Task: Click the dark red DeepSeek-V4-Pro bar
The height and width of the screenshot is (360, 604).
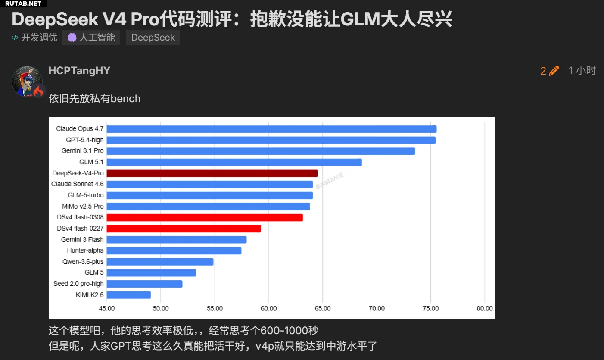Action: coord(212,173)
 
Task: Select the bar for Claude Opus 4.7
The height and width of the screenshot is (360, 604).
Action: coord(271,129)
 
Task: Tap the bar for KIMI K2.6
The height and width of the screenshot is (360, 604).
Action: coord(129,295)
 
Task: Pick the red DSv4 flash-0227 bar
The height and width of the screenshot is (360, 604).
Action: coord(184,229)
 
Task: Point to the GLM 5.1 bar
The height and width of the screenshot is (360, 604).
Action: coord(234,162)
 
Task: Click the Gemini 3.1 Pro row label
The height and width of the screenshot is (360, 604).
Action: coord(82,151)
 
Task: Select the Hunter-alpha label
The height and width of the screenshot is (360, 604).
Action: coord(85,250)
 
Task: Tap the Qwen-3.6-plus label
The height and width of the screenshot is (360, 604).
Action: coord(83,262)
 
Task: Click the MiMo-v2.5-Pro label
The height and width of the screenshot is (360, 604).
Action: coord(83,207)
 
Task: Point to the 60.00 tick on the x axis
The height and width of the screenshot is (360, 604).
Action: coord(268,308)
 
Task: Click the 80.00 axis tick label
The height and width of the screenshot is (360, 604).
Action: coord(485,308)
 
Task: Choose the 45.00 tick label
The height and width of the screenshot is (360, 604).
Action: coord(107,308)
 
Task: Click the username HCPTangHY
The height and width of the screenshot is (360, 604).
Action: coord(79,71)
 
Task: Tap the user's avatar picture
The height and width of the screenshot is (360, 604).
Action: coord(27,81)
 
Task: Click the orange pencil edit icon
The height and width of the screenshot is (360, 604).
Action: coord(554,71)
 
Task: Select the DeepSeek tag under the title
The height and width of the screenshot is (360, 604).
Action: coord(153,38)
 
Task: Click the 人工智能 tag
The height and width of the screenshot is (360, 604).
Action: coord(91,38)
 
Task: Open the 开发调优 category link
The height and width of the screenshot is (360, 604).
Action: coord(34,38)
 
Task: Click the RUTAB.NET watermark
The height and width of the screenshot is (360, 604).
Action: coord(23,3)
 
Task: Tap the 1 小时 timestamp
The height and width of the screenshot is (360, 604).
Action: coord(582,71)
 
